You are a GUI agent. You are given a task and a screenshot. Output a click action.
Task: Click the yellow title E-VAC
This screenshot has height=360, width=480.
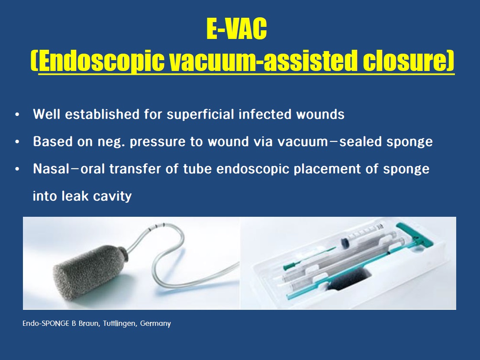[237, 29]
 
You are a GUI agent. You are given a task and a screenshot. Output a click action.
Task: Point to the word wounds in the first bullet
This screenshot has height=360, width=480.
[320, 114]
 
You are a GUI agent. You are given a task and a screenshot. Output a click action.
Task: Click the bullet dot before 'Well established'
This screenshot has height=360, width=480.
[17, 115]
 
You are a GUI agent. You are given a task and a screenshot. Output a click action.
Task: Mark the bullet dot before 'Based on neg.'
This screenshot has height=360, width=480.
[17, 142]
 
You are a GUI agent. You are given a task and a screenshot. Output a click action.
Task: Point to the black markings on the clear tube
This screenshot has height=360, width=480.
[157, 227]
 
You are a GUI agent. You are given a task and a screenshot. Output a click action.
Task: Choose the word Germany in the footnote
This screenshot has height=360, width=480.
[155, 324]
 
